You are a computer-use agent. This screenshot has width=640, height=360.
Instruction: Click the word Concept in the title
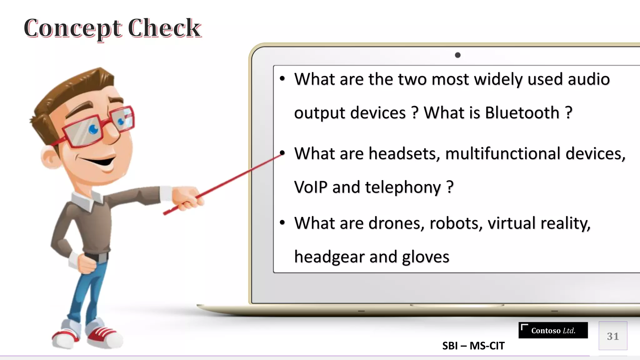[x=72, y=28]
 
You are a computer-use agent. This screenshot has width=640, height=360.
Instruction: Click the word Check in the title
[x=164, y=28]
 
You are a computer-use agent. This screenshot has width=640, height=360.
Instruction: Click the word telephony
[x=403, y=188]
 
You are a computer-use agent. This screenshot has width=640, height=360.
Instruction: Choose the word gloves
[x=425, y=257]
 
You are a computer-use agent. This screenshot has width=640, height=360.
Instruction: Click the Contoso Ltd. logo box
[x=553, y=330]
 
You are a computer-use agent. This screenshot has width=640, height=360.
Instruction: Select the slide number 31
[x=612, y=336]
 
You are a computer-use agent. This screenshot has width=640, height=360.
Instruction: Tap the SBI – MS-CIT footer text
[x=473, y=346]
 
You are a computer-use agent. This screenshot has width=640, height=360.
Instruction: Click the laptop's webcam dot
[x=458, y=55]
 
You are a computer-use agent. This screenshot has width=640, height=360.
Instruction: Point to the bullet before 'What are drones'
[x=282, y=223]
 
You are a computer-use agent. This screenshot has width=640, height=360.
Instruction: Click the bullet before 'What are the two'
[x=282, y=78]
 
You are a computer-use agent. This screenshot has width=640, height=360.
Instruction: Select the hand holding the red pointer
[x=186, y=197]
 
